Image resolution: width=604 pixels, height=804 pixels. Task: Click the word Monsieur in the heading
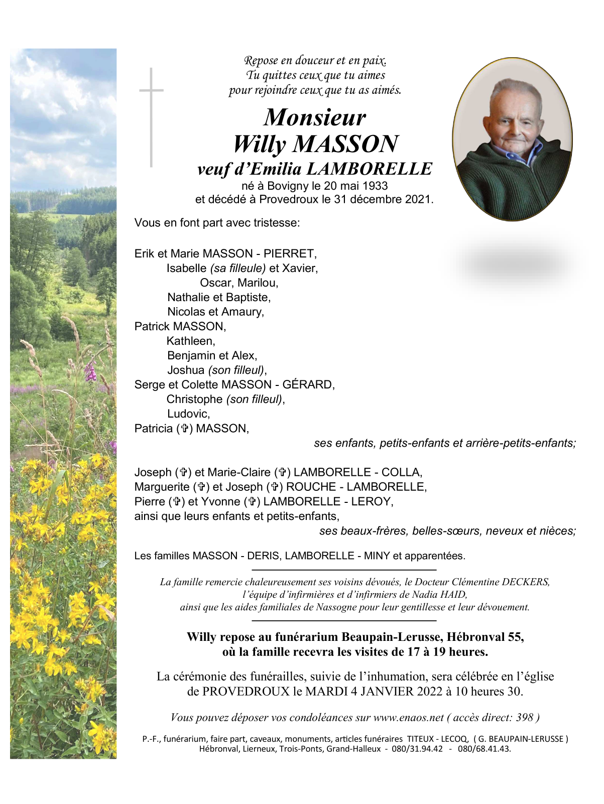315,118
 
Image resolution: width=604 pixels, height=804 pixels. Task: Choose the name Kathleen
191,341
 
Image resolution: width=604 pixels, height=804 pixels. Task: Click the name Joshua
186,370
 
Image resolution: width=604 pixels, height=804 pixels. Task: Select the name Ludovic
188,414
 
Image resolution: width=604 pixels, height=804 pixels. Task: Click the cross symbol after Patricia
185,429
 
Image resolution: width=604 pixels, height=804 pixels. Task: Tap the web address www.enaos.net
408,717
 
